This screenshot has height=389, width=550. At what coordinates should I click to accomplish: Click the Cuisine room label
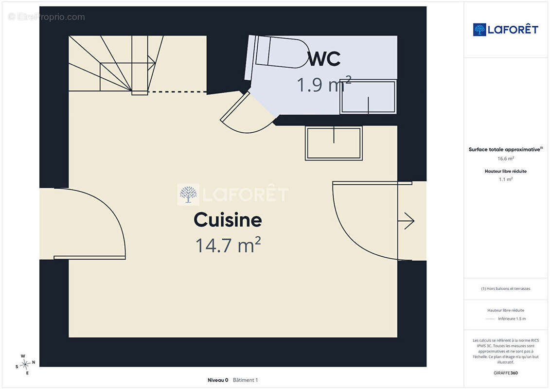coord(228,220)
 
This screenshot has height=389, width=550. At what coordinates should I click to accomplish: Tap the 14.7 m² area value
coord(228,245)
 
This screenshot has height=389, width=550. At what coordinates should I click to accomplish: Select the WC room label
coord(324,58)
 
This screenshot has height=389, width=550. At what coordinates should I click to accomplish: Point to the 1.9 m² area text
coord(324,84)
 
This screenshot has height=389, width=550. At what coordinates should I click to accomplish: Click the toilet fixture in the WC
coord(277,52)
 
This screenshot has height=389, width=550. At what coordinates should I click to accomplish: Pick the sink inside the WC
coord(368,97)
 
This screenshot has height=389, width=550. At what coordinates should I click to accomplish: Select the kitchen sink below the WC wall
coord(334,143)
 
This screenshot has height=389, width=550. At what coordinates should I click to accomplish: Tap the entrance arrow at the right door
coord(406,221)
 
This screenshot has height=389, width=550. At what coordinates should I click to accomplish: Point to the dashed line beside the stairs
coord(177,92)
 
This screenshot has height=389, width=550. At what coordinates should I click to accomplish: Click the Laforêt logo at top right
coord(505,30)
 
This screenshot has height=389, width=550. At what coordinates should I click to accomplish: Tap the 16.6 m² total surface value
coord(505,159)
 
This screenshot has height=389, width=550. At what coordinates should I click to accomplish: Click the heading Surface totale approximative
coord(505,149)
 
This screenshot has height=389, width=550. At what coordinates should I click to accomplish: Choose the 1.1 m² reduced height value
coord(505,179)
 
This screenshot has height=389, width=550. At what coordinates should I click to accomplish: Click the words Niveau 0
coord(218,380)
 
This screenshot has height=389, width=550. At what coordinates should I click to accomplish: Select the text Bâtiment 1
coord(245,380)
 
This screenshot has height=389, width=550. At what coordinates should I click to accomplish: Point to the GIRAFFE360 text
coord(505,373)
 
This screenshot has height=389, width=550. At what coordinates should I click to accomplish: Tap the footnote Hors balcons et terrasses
coord(505,289)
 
